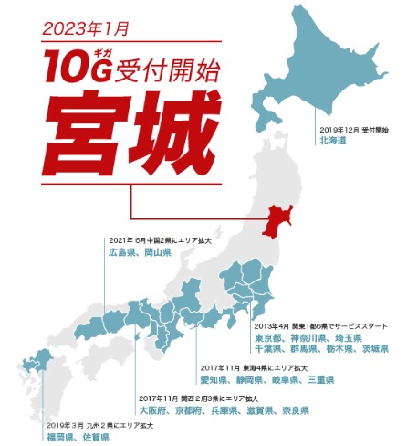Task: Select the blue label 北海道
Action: pyautogui.click(x=334, y=142)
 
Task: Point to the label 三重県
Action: pyautogui.click(x=322, y=378)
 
